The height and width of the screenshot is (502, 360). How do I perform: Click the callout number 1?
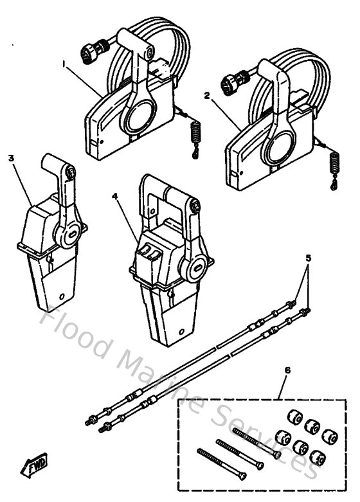[x=64, y=64]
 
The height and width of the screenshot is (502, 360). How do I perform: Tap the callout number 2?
[x=206, y=94]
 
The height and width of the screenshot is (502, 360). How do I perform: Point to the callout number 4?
[x=114, y=198]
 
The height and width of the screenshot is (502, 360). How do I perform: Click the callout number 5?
[x=309, y=258]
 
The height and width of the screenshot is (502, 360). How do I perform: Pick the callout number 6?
[x=286, y=370]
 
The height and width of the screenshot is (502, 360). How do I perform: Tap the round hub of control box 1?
[x=140, y=118]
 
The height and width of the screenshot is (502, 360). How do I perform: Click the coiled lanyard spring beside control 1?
[x=197, y=136]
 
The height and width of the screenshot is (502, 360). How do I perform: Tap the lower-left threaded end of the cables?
[x=90, y=422]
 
